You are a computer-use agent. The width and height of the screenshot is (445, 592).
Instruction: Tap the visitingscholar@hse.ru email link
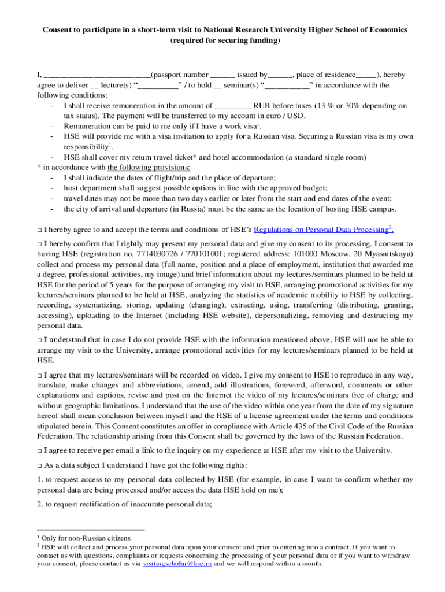coord(177,563)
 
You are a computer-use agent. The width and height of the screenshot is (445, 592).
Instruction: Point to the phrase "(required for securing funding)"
coord(222,40)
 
